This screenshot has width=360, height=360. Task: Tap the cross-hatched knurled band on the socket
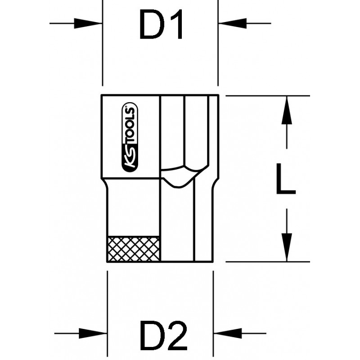[x=133, y=248]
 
